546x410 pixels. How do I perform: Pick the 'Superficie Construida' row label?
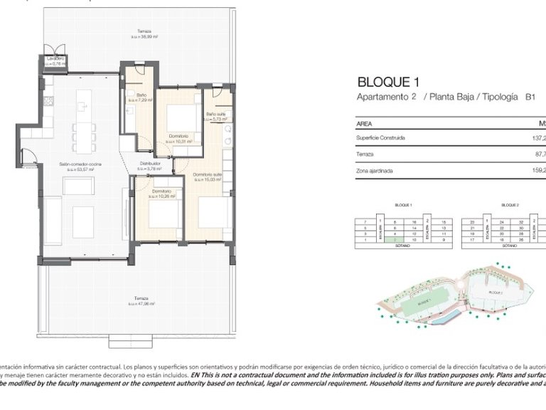point(380,138)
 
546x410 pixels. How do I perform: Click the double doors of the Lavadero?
point(55,70)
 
